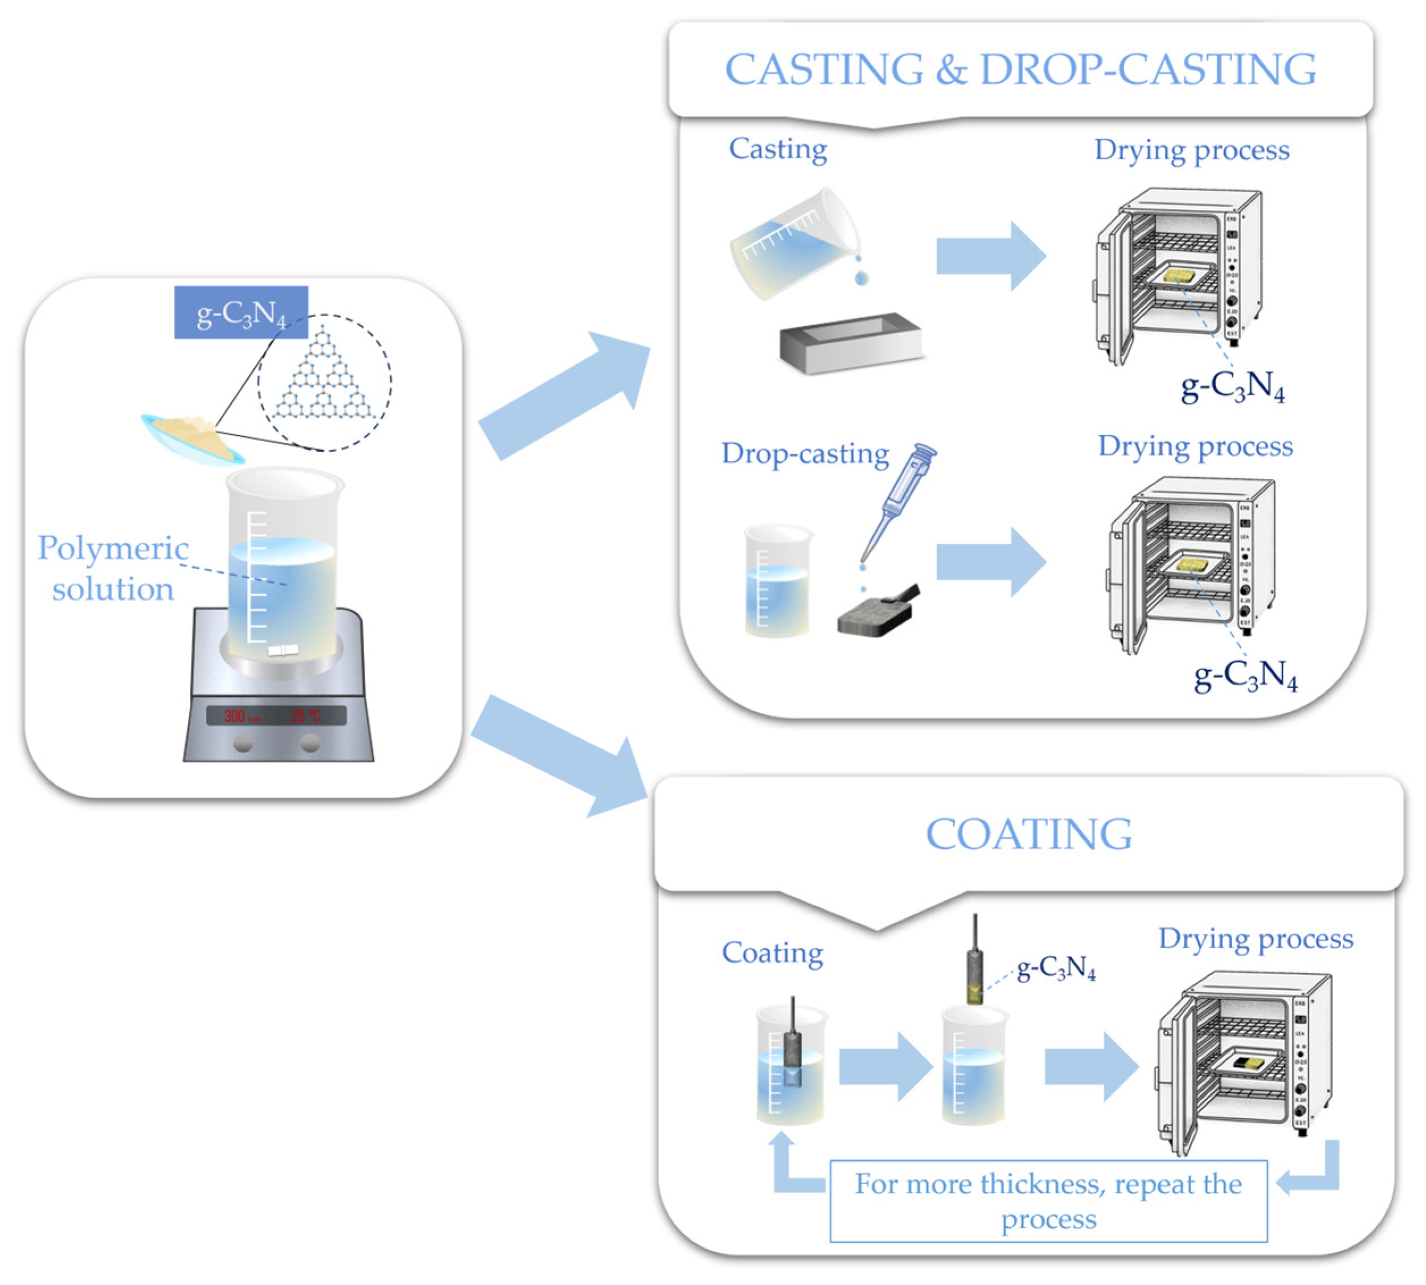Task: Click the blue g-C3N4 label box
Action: click(241, 312)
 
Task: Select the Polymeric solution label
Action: click(113, 568)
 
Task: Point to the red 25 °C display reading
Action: click(305, 716)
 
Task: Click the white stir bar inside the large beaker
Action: click(283, 650)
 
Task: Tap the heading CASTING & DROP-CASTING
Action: click(1020, 69)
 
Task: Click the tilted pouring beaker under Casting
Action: click(794, 243)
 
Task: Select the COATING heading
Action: click(1028, 834)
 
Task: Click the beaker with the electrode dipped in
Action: click(790, 1066)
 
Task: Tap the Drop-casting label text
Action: click(805, 453)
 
